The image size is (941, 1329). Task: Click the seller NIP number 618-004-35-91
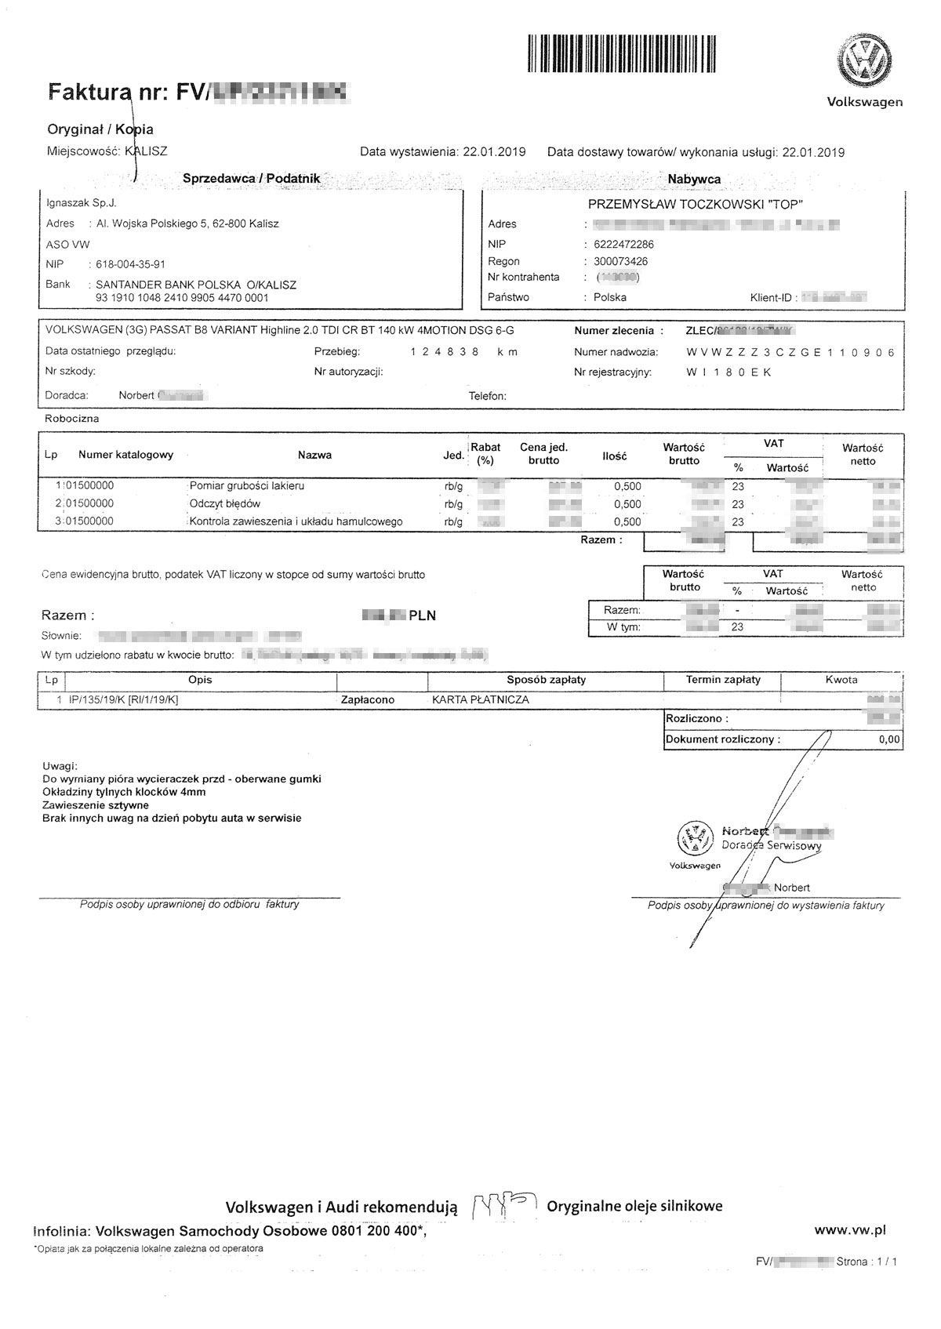[130, 264]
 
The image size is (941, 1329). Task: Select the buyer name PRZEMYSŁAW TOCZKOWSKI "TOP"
[696, 205]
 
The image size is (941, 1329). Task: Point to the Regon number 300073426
[621, 261]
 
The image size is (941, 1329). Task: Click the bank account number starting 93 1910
[182, 298]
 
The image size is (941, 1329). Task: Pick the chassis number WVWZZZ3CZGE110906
[790, 352]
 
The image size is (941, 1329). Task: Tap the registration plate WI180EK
[728, 372]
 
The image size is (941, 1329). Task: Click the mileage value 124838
[445, 352]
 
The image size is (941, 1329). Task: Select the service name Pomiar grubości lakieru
[247, 486]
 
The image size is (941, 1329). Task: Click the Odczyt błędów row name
[225, 503]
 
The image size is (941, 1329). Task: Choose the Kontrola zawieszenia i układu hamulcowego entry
[296, 521]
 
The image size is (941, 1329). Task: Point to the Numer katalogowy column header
[125, 455]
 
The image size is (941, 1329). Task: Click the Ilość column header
[615, 456]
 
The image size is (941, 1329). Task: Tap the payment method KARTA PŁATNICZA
[481, 699]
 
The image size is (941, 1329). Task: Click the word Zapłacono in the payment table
[368, 699]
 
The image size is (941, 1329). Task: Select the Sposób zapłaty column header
[546, 680]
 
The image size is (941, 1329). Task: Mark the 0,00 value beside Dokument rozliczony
[889, 739]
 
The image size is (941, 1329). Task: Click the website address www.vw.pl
[850, 1230]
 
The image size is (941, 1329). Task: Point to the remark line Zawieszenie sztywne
[96, 805]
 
